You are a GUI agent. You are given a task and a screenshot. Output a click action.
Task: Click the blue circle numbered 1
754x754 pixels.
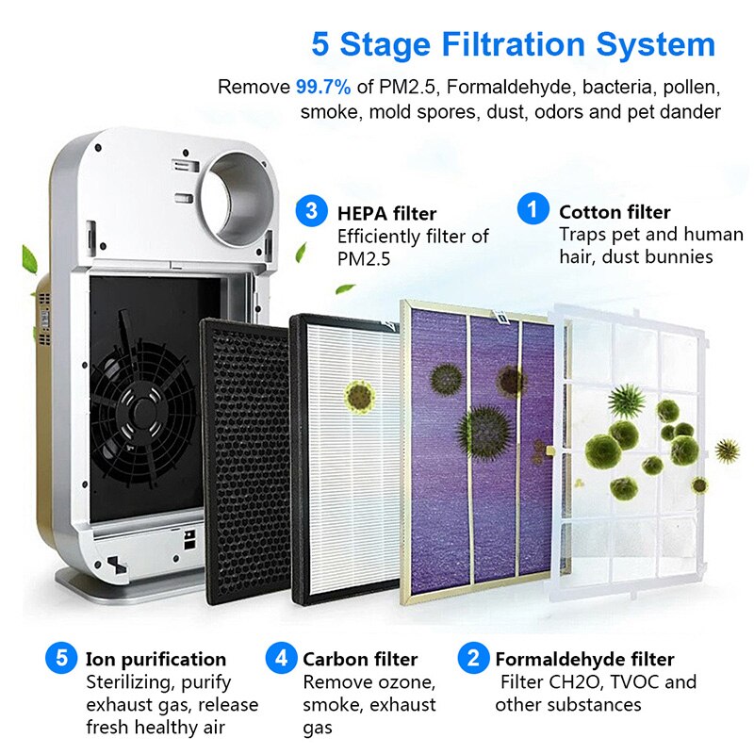coord(533,208)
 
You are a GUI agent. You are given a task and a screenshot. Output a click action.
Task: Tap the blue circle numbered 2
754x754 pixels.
coord(473,657)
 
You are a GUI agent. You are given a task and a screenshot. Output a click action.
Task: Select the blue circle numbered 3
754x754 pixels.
coord(311,210)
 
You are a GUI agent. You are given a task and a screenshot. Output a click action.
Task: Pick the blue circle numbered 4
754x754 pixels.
coord(281,657)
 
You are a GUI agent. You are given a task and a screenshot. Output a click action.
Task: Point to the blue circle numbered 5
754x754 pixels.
coord(61,657)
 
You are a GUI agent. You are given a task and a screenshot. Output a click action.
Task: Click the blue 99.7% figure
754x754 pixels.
coord(323,87)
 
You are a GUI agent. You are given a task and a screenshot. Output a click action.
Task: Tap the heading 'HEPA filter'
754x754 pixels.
coord(386,213)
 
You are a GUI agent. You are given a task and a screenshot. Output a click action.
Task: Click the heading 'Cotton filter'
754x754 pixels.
coord(615,212)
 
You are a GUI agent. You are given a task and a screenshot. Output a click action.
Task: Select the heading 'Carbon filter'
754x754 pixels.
coord(360,659)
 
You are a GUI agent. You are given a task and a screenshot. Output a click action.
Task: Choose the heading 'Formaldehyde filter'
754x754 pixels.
coord(584,659)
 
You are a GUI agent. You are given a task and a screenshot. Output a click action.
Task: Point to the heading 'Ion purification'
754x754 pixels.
coord(156,659)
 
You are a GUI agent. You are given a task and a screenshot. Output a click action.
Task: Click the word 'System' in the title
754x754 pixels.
coord(656,44)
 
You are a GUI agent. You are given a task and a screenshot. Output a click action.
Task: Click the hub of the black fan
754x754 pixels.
coord(143,412)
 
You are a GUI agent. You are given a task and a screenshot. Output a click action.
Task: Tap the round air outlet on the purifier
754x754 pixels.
coord(238,198)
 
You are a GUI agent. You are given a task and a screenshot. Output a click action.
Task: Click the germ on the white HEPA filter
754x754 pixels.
coord(360,396)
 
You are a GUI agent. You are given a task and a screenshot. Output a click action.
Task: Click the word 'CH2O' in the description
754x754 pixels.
coord(558,681)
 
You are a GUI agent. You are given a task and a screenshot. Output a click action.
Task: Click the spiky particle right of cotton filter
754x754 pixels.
coord(727,451)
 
